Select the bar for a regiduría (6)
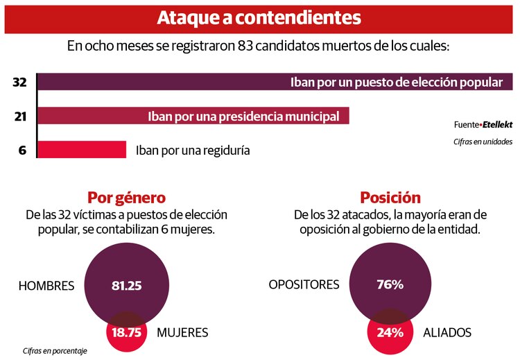pyautogui.click(x=81, y=149)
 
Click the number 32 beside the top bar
pyautogui.click(x=19, y=82)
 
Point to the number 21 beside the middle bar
pyautogui.click(x=20, y=116)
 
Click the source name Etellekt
pyautogui.click(x=497, y=125)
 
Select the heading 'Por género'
pyautogui.click(x=126, y=197)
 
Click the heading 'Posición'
pyautogui.click(x=390, y=197)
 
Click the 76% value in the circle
pyautogui.click(x=390, y=284)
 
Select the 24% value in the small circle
pyautogui.click(x=390, y=332)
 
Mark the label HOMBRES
pyautogui.click(x=46, y=285)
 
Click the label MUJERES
pyautogui.click(x=182, y=332)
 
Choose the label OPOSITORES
pyautogui.click(x=304, y=284)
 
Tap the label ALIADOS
pyautogui.click(x=447, y=332)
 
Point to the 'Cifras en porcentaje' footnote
pyautogui.click(x=55, y=351)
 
